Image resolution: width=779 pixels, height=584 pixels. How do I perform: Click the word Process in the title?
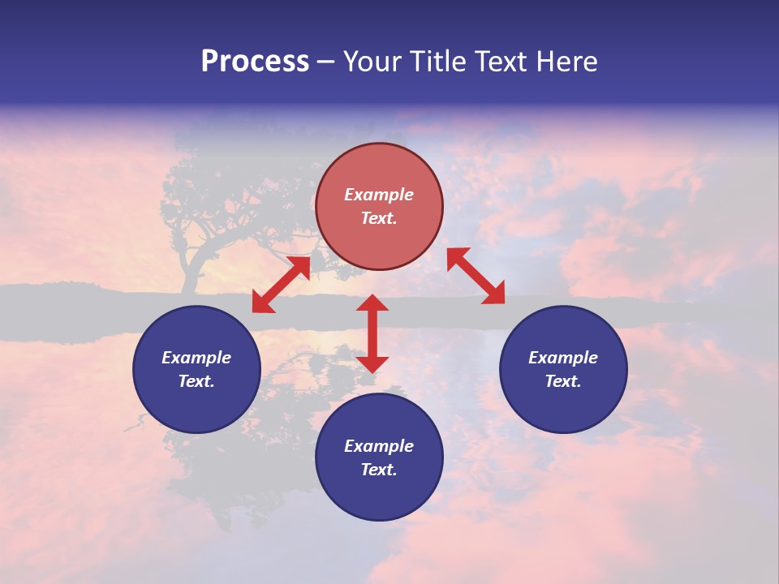click(x=255, y=62)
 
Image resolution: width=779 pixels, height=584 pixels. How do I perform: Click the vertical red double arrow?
click(x=372, y=333)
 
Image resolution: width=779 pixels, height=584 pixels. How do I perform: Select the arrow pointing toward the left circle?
click(x=281, y=285)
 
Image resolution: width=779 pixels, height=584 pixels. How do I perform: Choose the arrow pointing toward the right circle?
click(x=476, y=276)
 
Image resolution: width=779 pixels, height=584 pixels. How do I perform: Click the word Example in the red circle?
click(x=379, y=195)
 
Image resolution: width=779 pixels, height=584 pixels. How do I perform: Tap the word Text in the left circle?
click(x=196, y=381)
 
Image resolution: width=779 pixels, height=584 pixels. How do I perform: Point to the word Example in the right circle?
click(x=563, y=358)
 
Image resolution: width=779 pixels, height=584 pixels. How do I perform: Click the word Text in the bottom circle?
click(x=379, y=470)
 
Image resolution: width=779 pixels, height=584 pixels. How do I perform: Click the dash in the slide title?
click(x=325, y=62)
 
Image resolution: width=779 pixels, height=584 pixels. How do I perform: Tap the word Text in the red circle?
click(x=379, y=218)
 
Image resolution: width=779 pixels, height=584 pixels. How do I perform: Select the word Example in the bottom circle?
click(x=379, y=446)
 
